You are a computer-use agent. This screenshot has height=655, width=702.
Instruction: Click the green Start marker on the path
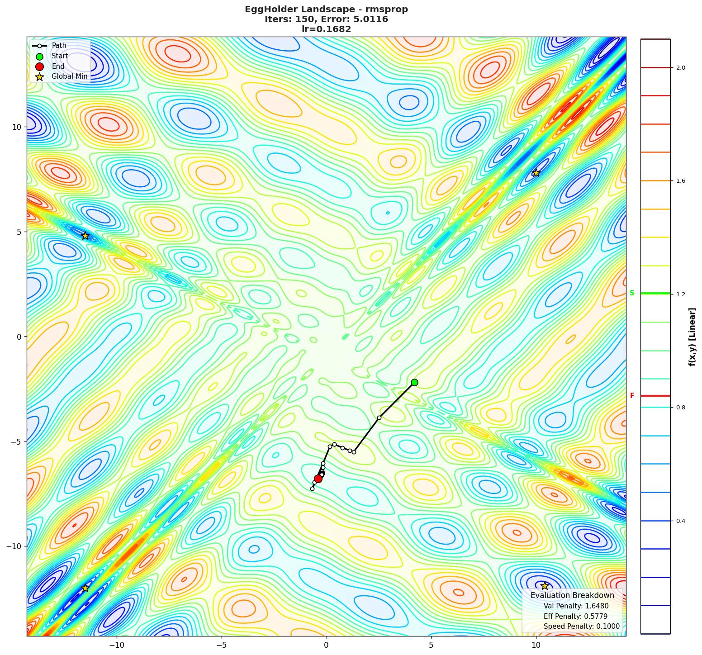414,382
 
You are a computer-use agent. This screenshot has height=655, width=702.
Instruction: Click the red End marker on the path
318,479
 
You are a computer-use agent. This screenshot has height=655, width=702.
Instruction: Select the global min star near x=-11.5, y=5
85,236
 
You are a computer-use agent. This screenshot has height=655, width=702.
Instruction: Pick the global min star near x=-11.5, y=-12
85,588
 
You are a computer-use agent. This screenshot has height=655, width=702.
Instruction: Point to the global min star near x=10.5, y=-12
545,586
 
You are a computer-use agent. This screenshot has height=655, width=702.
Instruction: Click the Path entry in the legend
59,46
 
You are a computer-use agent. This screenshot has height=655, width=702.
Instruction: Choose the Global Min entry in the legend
69,76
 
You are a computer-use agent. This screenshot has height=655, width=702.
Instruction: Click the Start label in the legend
60,56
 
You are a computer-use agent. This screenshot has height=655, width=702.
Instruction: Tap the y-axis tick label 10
17,127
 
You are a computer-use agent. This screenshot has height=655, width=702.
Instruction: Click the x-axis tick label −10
116,644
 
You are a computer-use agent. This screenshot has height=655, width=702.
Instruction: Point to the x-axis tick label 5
431,644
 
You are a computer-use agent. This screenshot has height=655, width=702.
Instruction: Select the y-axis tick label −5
15,441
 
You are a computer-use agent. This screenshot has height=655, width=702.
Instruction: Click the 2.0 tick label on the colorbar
680,68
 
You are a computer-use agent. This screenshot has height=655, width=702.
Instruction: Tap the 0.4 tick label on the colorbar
680,521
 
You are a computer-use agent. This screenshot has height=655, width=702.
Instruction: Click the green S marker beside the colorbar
632,293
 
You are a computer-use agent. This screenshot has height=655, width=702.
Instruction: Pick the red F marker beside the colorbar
632,396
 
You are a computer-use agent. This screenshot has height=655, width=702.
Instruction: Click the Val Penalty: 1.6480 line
576,606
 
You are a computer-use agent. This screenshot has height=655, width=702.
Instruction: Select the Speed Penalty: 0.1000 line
581,627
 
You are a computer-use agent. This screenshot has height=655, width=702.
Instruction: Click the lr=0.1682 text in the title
326,29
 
